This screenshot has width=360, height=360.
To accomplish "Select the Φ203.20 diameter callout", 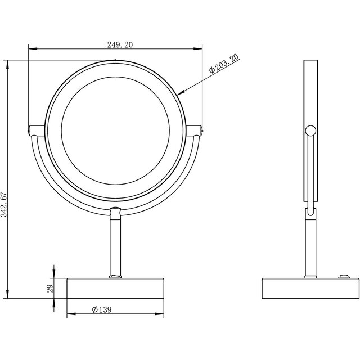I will pos(223,62).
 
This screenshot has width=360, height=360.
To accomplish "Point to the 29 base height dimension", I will pos(50,289).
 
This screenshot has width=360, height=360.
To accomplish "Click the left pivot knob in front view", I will pos(30,130).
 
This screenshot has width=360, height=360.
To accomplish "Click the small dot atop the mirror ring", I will pos(115,60).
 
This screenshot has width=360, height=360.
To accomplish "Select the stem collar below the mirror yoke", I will pos(115,213).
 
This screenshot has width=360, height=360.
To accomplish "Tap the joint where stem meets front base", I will pos(115,276).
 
